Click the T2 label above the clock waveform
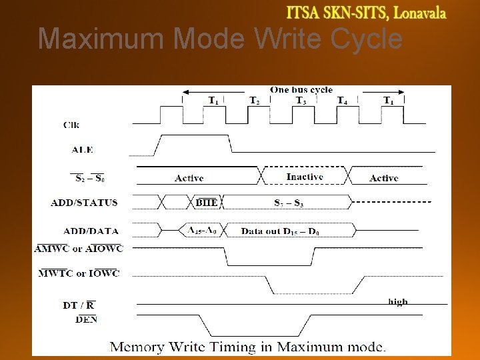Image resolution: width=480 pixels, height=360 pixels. (255, 101)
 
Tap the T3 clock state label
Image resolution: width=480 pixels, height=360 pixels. (301, 101)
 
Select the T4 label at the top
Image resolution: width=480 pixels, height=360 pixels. (341, 101)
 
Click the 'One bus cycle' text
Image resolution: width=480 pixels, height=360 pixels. (301, 89)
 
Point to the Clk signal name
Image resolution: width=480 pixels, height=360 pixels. (72, 124)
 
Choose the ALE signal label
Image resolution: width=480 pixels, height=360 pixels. (82, 149)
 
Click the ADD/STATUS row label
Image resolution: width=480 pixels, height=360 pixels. (84, 203)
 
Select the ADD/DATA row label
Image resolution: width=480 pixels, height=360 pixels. (91, 231)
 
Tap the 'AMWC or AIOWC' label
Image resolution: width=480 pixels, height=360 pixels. (79, 248)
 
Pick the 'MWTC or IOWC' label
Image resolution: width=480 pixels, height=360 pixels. (79, 273)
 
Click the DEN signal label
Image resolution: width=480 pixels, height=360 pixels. (85, 319)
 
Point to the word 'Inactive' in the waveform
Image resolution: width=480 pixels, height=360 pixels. (305, 177)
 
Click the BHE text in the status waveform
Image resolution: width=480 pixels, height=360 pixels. (206, 203)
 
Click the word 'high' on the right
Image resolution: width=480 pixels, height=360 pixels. (397, 302)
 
